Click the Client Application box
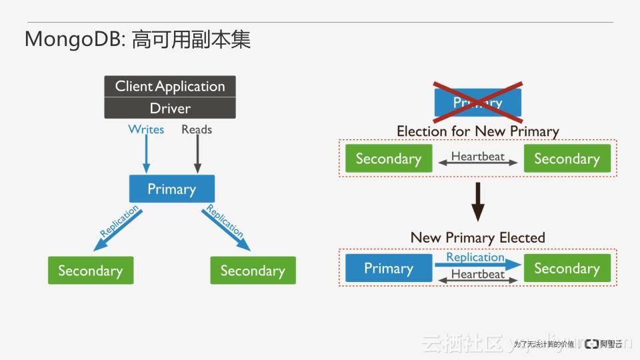(170, 86)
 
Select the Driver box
(170, 108)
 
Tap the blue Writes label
(146, 129)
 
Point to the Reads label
(197, 129)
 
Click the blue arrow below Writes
(146, 155)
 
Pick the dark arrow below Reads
(197, 155)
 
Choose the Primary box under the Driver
(171, 189)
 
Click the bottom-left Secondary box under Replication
(90, 271)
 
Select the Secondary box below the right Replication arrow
(253, 271)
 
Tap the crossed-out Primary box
(477, 103)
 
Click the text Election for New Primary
(477, 131)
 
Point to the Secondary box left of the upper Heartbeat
(388, 159)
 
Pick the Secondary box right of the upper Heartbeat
(567, 159)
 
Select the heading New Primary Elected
(477, 237)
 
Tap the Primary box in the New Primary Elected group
(388, 268)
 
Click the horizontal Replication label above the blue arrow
(475, 257)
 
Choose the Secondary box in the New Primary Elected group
(567, 268)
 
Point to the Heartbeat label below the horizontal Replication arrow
(477, 274)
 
